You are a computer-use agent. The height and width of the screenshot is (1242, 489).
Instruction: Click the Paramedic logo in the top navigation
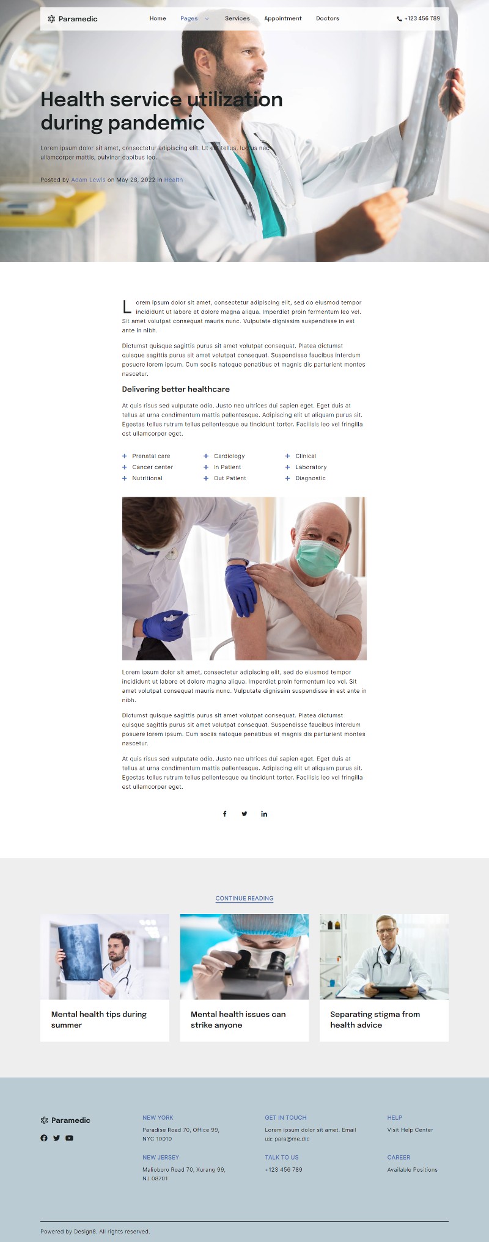(x=72, y=19)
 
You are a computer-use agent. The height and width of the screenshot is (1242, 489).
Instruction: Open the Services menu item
(x=237, y=18)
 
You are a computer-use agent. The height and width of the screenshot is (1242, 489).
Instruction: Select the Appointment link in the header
(x=282, y=18)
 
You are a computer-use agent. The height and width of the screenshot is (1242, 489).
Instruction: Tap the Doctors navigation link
(x=327, y=18)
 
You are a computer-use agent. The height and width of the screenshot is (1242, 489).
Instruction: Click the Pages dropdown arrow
(x=207, y=19)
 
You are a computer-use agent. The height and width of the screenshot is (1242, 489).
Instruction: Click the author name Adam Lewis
(x=88, y=180)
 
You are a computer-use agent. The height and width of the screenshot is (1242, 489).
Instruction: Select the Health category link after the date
(x=173, y=180)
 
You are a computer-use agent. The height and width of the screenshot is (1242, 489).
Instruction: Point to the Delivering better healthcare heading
(x=175, y=389)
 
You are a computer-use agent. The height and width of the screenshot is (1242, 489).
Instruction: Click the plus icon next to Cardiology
(x=206, y=456)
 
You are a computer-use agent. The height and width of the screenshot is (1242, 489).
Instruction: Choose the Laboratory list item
(x=311, y=467)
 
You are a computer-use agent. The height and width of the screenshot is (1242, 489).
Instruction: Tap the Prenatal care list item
(x=151, y=456)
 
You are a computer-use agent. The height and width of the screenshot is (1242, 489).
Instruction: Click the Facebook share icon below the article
(x=225, y=814)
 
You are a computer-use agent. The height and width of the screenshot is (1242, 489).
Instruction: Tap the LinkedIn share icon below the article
(x=264, y=814)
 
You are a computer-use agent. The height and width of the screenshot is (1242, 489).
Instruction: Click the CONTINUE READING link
(x=244, y=898)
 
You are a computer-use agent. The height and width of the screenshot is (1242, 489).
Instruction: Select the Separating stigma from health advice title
(x=375, y=1019)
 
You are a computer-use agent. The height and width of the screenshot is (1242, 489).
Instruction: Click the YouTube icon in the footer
(x=69, y=1138)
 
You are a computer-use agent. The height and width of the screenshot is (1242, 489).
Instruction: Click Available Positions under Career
(x=412, y=1169)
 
